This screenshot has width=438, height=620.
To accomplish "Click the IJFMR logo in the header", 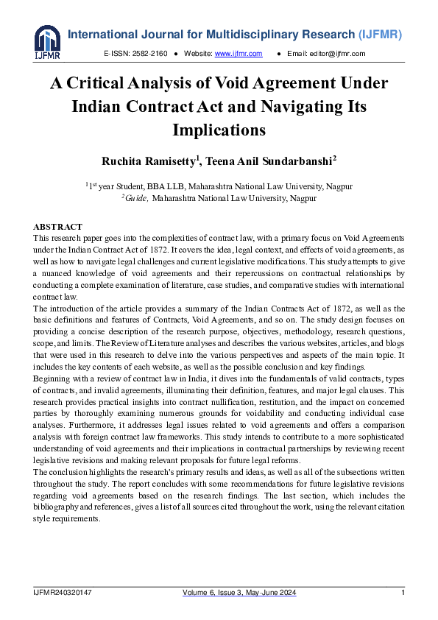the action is (47, 42).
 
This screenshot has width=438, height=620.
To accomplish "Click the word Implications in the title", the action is (219, 130).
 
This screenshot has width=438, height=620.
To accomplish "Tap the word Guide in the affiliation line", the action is (138, 198).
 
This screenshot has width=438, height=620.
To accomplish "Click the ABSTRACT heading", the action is (58, 227).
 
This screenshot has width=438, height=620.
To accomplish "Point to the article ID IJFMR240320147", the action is (63, 593).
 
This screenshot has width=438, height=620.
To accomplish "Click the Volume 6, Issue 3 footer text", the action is (239, 593).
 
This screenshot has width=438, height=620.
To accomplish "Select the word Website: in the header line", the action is (197, 54).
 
